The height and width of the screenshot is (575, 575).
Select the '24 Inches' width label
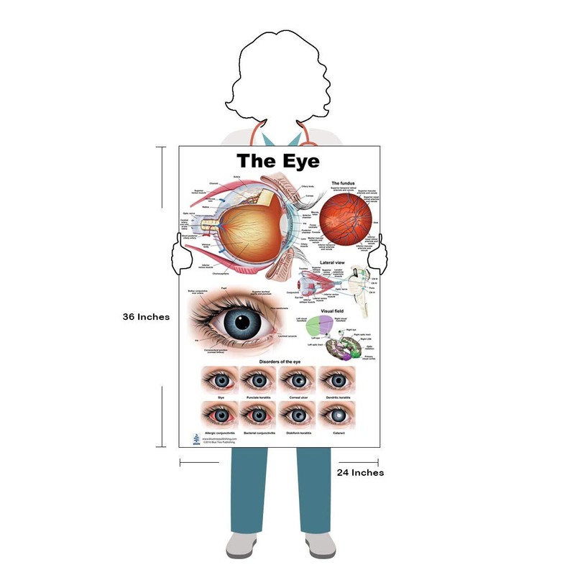coord(360,472)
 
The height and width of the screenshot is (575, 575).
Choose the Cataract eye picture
coord(338,415)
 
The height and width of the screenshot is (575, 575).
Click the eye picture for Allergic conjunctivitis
coord(220,415)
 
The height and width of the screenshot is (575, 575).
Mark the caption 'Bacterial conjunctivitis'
coord(259,433)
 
